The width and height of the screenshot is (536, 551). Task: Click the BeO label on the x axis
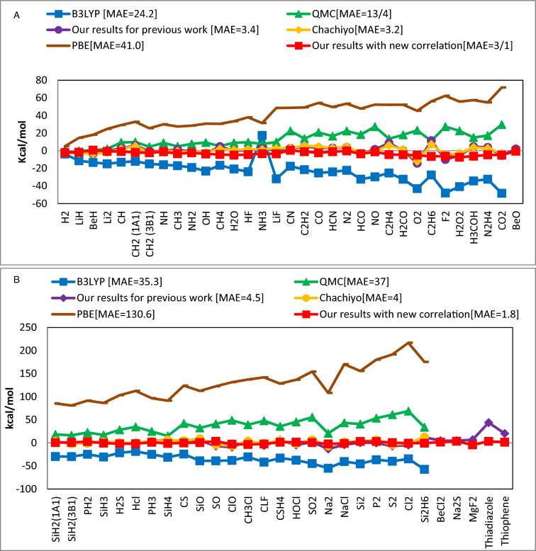[515, 222]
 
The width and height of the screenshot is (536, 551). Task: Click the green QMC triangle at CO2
[502, 125]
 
